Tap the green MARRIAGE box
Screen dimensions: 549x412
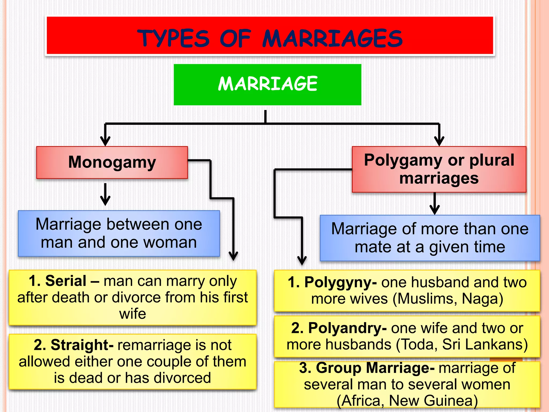[x=267, y=84]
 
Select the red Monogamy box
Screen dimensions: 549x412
[x=112, y=162]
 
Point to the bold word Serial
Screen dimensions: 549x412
[x=66, y=281]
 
